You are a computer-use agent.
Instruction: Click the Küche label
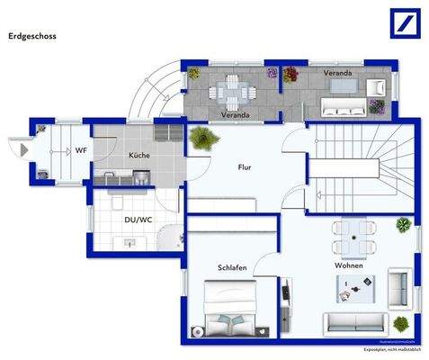click(139, 156)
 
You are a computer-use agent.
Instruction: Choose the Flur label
click(244, 167)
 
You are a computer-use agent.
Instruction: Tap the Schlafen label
click(231, 268)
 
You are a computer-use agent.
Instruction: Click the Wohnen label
click(349, 267)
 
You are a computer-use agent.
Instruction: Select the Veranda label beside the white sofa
click(338, 72)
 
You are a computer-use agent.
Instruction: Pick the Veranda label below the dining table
click(235, 114)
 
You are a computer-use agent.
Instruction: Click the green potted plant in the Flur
click(203, 139)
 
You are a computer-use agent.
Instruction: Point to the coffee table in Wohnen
click(354, 290)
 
